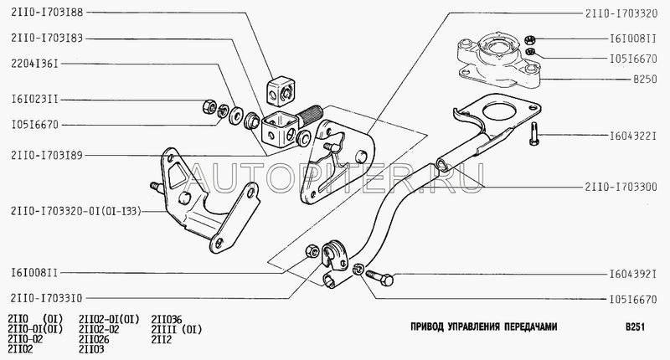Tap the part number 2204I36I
[34, 61]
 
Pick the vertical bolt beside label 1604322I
[533, 132]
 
